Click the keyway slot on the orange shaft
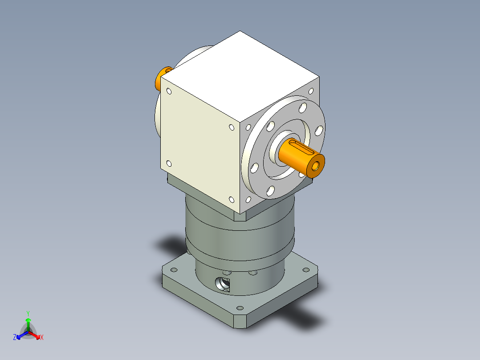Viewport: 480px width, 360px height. coord(299,148)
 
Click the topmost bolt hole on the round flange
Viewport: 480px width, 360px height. coord(303,107)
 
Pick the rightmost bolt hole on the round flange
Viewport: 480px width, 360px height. coord(319,131)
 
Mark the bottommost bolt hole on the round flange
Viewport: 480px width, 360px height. coord(270,192)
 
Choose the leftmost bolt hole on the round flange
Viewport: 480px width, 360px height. coord(254,168)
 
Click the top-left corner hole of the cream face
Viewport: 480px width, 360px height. coord(169,91)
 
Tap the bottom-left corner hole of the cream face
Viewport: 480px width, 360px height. coord(169,164)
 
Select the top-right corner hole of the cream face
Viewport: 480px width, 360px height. coord(232,127)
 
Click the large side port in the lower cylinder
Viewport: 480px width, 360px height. coord(222,283)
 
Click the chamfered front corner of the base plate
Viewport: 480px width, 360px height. coord(240,322)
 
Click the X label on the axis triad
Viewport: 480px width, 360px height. coord(42,338)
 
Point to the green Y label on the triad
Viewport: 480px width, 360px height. coord(28,313)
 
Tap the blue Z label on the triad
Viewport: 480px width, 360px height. coord(15,337)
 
